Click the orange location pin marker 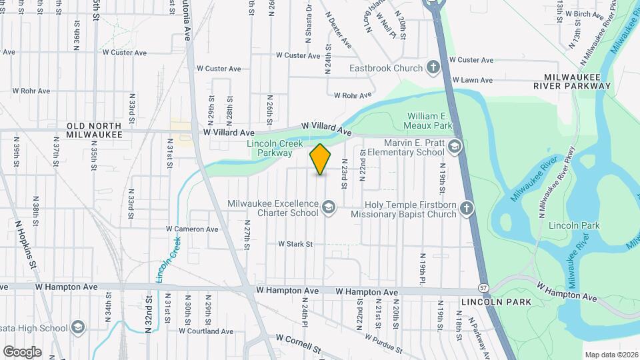pos(321,159)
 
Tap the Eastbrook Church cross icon pos(433,68)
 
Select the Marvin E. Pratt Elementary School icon pos(455,147)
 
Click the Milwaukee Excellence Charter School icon pos(328,209)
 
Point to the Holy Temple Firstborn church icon pos(467,209)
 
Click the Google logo pos(22,351)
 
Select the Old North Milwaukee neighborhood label pos(94,130)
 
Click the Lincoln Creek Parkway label pos(269,148)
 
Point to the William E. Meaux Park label pos(430,120)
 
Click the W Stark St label pos(295,244)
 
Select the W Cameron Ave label pos(192,229)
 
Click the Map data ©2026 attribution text pos(611,354)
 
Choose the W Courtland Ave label pos(206,331)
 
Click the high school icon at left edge pos(78,327)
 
